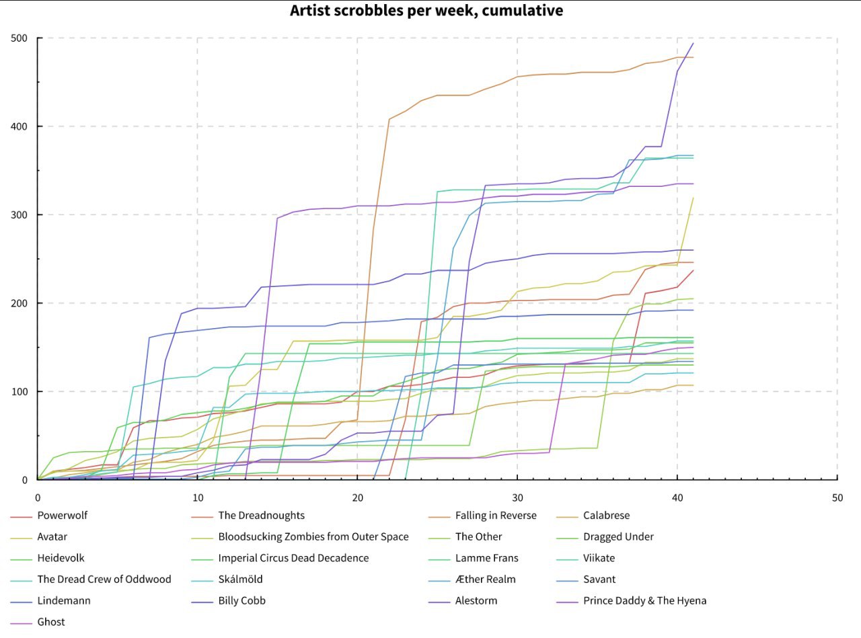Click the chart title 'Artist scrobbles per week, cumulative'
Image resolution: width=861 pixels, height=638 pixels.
[426, 11]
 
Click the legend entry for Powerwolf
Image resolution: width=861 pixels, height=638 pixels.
[63, 516]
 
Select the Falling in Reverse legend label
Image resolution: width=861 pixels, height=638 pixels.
[496, 516]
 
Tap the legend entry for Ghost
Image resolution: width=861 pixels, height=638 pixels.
[51, 622]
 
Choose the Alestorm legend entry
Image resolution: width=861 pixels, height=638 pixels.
[476, 600]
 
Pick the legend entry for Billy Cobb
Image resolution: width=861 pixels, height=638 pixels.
[241, 600]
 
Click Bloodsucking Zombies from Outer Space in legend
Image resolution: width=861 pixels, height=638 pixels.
[313, 537]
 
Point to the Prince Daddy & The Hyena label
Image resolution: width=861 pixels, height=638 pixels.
[644, 600]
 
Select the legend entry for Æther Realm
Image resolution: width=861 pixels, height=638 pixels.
[485, 580]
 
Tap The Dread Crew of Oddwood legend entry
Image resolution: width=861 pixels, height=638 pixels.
[104, 580]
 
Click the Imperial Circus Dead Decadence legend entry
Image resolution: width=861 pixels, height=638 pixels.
[293, 558]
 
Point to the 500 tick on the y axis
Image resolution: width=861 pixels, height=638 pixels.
[20, 38]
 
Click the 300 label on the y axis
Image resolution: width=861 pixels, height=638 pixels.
[20, 215]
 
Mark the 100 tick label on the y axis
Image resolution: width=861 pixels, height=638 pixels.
[20, 392]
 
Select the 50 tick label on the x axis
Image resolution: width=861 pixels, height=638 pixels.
[837, 498]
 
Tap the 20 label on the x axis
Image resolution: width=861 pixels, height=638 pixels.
[357, 498]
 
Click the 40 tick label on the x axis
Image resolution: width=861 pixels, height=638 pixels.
[677, 498]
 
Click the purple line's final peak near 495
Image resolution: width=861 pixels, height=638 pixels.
[693, 44]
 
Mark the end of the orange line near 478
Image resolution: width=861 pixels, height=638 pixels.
[693, 58]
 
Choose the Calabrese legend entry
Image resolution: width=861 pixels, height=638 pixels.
[606, 516]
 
